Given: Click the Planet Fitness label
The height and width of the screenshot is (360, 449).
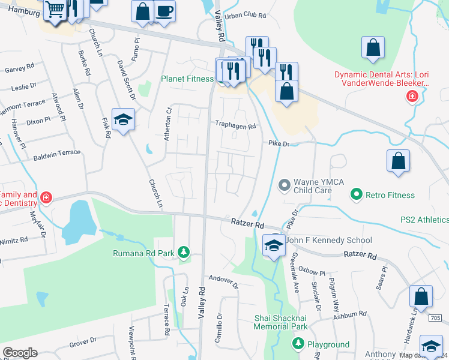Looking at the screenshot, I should [x=187, y=79].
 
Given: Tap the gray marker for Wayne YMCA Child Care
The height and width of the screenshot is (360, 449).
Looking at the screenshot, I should [x=286, y=185].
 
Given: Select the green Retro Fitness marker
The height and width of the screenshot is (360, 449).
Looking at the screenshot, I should [x=357, y=194].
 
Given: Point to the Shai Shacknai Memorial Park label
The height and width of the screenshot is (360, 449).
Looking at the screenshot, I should [x=280, y=322].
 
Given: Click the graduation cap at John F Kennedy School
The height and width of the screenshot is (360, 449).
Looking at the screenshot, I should [x=274, y=245].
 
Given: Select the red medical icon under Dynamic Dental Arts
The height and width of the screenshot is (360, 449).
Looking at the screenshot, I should [x=412, y=96].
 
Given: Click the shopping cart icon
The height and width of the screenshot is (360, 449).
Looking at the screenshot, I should [x=55, y=10].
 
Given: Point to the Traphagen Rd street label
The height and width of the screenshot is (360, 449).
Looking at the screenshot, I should [x=236, y=126].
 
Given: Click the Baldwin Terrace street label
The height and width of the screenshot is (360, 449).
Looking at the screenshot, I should [x=57, y=153].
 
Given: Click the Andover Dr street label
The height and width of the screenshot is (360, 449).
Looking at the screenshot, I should [x=224, y=281].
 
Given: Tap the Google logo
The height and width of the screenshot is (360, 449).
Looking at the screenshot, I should [x=20, y=353].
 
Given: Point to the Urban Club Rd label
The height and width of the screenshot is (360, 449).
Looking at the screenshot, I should [x=243, y=14].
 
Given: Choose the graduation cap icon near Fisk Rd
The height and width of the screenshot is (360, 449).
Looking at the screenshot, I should [x=123, y=119].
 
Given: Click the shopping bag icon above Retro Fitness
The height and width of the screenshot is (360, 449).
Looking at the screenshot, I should [x=398, y=161].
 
